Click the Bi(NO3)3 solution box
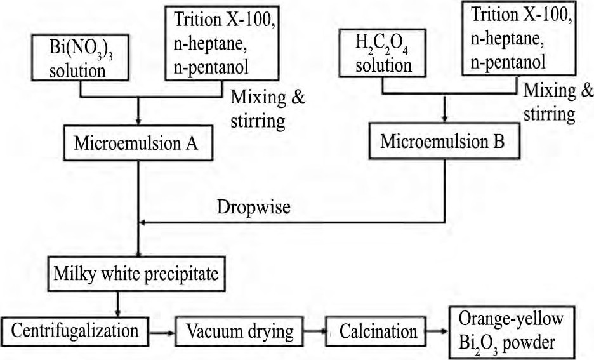point(78,59)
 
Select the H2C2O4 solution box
point(383,56)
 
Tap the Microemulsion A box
point(136,143)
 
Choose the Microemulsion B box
point(442,141)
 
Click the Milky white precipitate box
point(136,275)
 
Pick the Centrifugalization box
point(74,331)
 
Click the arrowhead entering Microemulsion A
point(138,122)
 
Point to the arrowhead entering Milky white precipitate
point(138,253)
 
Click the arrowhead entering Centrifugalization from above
point(119,314)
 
